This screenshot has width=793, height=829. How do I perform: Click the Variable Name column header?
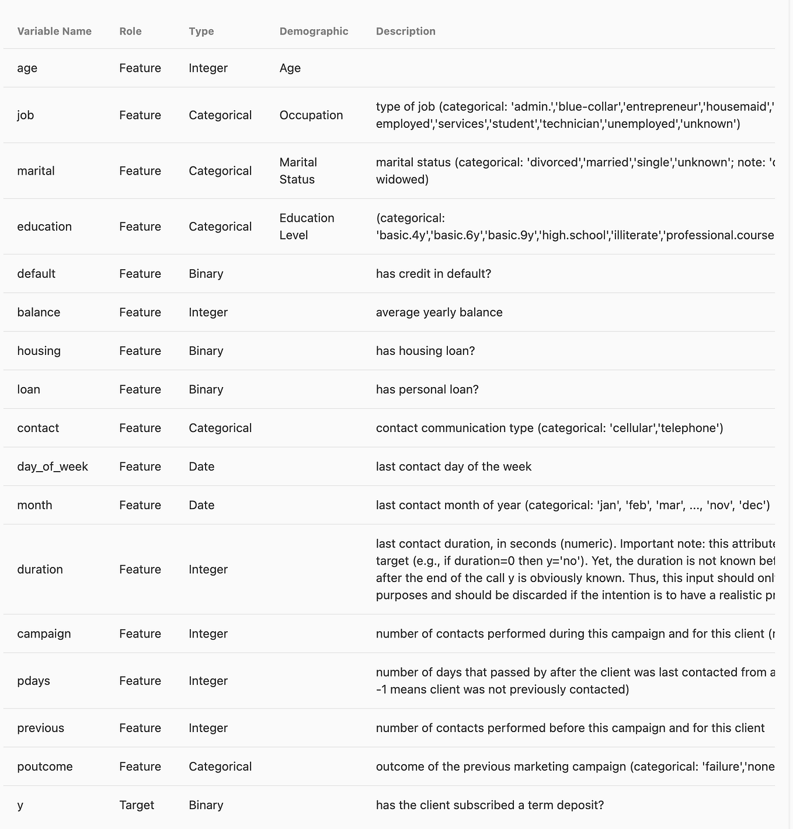tap(54, 32)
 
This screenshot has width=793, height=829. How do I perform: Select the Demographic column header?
tap(314, 32)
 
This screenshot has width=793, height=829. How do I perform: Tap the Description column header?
tap(405, 32)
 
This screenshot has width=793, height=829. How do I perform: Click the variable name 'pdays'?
tap(33, 681)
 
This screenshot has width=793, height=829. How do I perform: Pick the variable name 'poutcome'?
tap(45, 767)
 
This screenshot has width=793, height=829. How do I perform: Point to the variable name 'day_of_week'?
tap(53, 466)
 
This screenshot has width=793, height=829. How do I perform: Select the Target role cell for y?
tap(137, 805)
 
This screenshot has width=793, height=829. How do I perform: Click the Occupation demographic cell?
tap(311, 115)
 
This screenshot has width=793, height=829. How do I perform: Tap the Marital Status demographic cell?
tap(298, 170)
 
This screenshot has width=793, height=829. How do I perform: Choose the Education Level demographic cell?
tap(307, 227)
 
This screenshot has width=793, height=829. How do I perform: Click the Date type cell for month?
tap(201, 505)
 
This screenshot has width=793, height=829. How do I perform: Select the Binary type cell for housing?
tap(206, 351)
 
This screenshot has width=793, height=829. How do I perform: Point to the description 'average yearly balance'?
tap(439, 312)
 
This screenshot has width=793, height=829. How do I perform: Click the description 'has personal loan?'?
tap(427, 389)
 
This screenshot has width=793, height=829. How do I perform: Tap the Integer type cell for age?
tap(208, 68)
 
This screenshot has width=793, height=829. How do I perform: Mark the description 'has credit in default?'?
tap(433, 274)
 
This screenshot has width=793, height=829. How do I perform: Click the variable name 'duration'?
tap(40, 569)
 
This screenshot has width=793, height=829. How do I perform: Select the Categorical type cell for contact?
tap(220, 428)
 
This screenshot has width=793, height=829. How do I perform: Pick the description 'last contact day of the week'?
tap(454, 466)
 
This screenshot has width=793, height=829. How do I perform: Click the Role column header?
tap(130, 32)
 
